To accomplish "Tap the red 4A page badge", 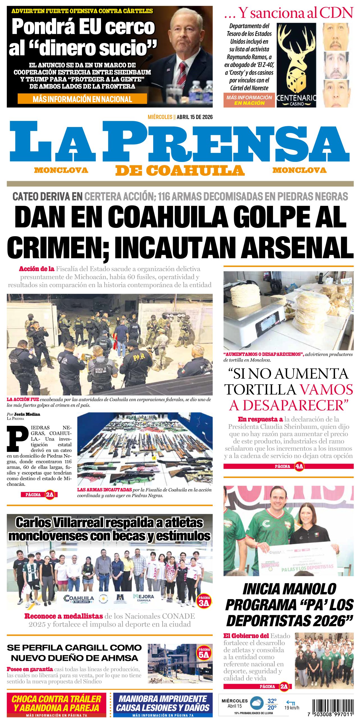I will pyautogui.click(x=299, y=466).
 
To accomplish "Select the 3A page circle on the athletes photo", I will pyautogui.click(x=204, y=602).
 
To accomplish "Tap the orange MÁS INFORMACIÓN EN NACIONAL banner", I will pyautogui.click(x=82, y=99).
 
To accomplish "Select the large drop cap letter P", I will pyautogui.click(x=18, y=438).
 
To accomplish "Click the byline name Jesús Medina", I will pyautogui.click(x=27, y=414).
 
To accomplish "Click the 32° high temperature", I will pyautogui.click(x=272, y=701).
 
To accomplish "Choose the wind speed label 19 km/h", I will pyautogui.click(x=292, y=708).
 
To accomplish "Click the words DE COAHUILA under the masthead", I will pyautogui.click(x=180, y=170).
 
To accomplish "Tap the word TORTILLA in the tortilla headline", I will pyautogui.click(x=260, y=389).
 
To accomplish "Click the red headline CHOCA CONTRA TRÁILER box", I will pyautogui.click(x=56, y=704).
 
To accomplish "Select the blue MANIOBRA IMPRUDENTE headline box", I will pyautogui.click(x=163, y=704).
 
